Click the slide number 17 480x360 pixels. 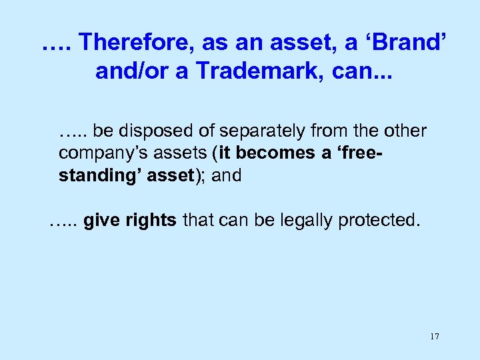coord(434,336)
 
